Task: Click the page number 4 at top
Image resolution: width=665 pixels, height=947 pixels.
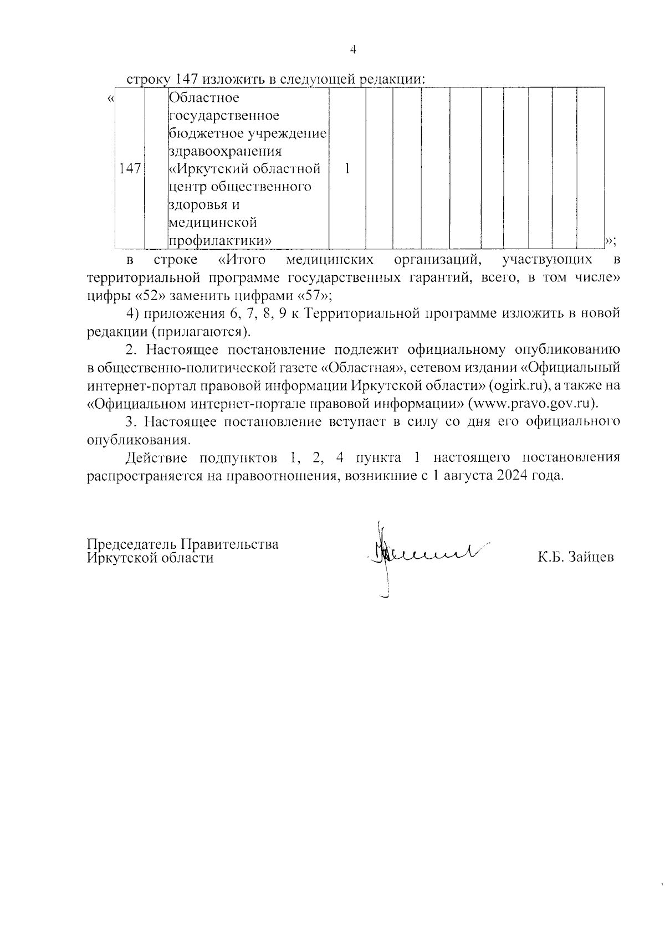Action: [x=352, y=50]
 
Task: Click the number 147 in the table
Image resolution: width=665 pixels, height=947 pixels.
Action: [x=130, y=169]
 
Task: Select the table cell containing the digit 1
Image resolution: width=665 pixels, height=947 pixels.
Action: [x=347, y=169]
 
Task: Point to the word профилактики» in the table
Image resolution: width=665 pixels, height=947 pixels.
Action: [x=219, y=241]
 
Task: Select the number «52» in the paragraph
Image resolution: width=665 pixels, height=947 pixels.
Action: [x=147, y=295]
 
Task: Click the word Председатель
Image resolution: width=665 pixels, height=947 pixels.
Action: [x=130, y=544]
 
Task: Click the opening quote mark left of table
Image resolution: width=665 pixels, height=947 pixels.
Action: [x=111, y=99]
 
